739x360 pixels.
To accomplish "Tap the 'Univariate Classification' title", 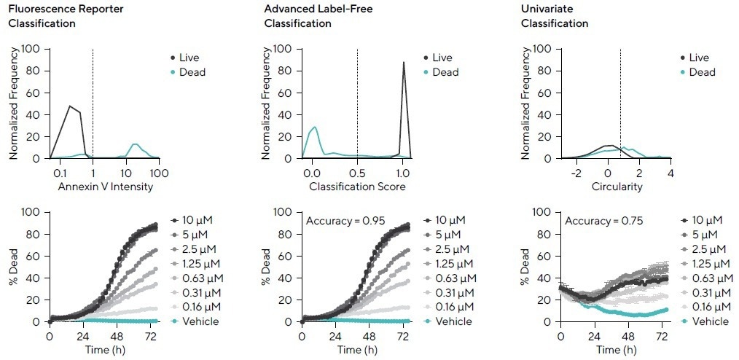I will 555,17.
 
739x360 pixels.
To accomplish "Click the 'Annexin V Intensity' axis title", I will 105,187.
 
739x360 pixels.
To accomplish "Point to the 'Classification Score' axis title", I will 357,187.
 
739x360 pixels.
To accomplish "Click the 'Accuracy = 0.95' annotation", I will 348,220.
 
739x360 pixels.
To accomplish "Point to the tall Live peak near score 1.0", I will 403,63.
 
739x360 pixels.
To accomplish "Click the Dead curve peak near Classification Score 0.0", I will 314,128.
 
